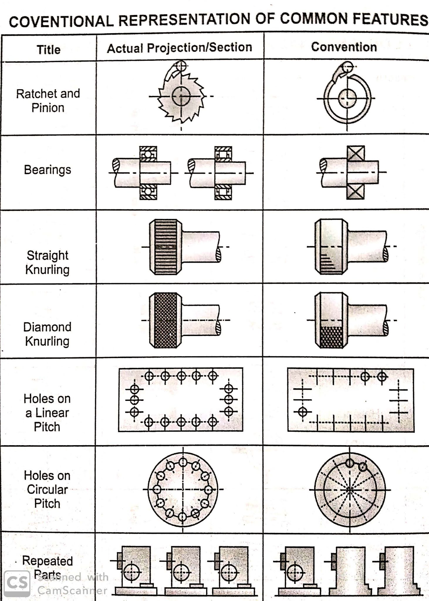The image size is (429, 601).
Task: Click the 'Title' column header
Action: click(48, 49)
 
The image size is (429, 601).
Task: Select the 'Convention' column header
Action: click(344, 47)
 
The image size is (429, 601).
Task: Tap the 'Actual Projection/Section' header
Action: click(179, 48)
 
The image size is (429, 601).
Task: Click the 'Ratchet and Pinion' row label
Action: click(48, 101)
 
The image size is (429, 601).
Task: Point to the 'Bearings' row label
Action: click(48, 170)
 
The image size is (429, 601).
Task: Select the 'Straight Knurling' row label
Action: click(48, 262)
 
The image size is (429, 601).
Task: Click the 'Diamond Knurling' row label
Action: click(47, 334)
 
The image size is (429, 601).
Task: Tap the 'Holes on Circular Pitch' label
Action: click(47, 489)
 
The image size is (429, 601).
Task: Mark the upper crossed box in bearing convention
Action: click(356, 153)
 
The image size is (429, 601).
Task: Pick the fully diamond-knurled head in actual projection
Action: click(165, 320)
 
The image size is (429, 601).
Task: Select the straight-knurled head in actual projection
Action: click(166, 247)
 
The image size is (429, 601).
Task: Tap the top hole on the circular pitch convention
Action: click(349, 463)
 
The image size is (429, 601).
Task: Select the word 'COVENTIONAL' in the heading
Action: click(61, 21)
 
